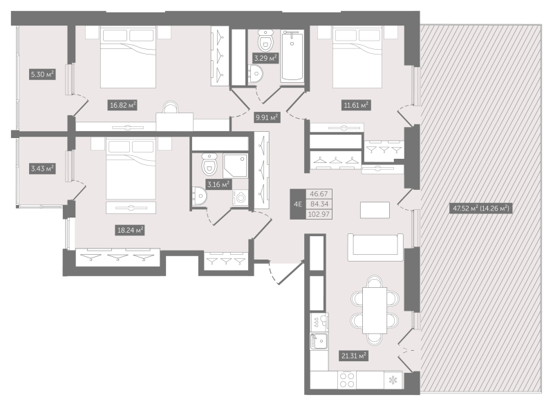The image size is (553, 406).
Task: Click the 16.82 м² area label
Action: tap(123, 105)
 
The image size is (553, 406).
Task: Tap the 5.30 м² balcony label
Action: tap(42, 75)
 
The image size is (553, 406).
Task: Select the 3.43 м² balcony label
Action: tap(42, 168)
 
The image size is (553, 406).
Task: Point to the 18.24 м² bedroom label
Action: tap(130, 231)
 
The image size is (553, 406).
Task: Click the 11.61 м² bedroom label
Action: tap(356, 105)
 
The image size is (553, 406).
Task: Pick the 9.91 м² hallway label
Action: tap(267, 117)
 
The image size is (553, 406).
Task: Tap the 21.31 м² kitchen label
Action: tap(354, 356)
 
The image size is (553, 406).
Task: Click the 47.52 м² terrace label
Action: tap(481, 209)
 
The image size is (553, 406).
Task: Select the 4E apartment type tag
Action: tap(298, 204)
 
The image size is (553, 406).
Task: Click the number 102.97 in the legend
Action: tap(319, 214)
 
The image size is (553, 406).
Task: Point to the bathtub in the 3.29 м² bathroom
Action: tap(292, 56)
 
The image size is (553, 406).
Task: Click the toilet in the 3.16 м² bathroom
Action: tap(209, 164)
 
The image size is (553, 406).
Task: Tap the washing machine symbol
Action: tap(241, 197)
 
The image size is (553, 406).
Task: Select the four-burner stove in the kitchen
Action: tap(347, 380)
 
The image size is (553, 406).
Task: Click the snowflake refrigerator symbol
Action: tap(393, 380)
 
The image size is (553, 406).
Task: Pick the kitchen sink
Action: tap(319, 341)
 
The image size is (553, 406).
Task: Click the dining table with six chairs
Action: tap(375, 310)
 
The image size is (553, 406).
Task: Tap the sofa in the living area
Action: tap(375, 247)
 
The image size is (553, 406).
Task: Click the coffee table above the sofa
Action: tap(375, 210)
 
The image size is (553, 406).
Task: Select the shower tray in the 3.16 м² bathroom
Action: tap(235, 165)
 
